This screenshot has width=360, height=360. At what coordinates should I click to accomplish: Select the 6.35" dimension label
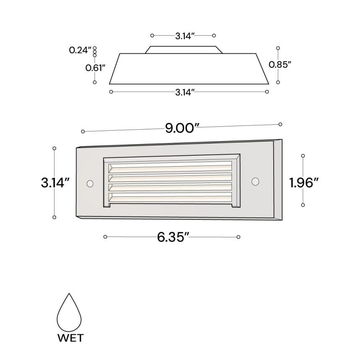171,237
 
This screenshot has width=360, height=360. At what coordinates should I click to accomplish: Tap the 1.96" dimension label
305,183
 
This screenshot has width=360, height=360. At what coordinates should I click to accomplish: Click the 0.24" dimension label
80,50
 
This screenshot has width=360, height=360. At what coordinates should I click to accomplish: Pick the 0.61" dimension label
95,67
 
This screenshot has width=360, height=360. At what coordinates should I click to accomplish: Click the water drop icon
69,311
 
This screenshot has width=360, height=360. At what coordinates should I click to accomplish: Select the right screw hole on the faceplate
255,181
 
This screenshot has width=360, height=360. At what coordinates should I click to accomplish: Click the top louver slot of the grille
170,167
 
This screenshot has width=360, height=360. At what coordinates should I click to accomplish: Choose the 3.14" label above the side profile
183,36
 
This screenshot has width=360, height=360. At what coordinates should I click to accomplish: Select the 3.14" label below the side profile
185,92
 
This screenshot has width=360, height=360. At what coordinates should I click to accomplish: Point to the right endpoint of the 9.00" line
280,124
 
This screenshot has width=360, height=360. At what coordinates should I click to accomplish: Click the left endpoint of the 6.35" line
105,237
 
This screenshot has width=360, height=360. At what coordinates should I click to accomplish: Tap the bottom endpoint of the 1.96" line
303,205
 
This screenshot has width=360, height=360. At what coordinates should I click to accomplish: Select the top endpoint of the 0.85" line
278,48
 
